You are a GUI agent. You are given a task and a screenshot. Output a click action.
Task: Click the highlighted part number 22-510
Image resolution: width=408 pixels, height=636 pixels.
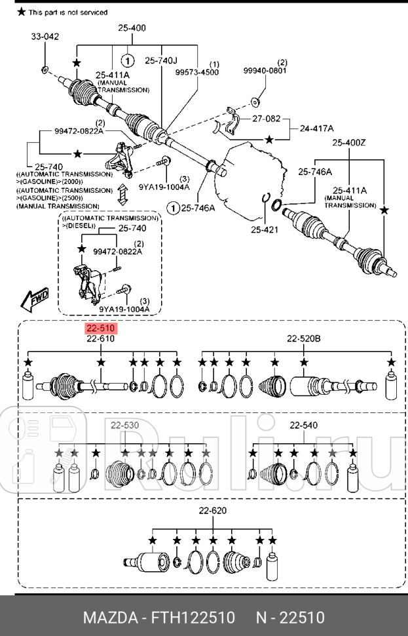(100, 328)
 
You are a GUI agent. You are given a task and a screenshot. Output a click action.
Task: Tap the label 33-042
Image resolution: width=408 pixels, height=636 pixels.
(45, 37)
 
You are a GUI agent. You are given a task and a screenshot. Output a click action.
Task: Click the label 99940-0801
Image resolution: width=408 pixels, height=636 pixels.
(265, 70)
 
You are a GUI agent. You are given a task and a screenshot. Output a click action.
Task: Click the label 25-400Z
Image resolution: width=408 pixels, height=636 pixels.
(348, 142)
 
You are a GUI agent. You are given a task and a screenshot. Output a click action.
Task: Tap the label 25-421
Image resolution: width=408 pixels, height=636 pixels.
(265, 229)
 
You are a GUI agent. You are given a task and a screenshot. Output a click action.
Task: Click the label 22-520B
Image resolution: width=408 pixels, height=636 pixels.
(304, 338)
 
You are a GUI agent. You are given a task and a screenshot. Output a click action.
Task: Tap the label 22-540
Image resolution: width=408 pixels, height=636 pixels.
(303, 425)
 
